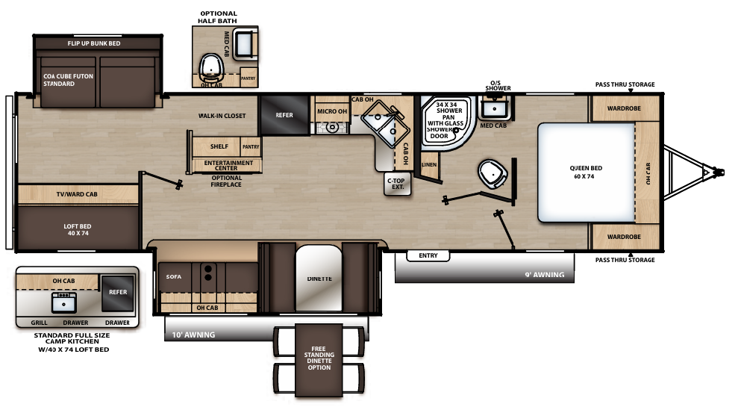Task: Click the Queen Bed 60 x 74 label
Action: [586, 172]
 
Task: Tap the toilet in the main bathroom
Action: [493, 173]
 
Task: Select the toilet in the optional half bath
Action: [213, 67]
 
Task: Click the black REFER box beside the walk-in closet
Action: [284, 116]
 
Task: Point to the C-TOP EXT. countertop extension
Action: [398, 183]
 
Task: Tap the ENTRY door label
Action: [428, 256]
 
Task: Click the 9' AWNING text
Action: [544, 275]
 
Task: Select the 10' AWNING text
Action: [193, 335]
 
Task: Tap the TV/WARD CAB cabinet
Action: [77, 194]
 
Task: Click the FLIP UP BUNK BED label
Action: [94, 43]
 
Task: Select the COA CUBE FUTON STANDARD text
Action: [64, 80]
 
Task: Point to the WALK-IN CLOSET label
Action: [222, 116]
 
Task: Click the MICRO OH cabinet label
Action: [332, 111]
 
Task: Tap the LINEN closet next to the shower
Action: [429, 165]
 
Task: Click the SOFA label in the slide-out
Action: [174, 276]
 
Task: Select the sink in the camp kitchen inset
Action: [63, 300]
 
